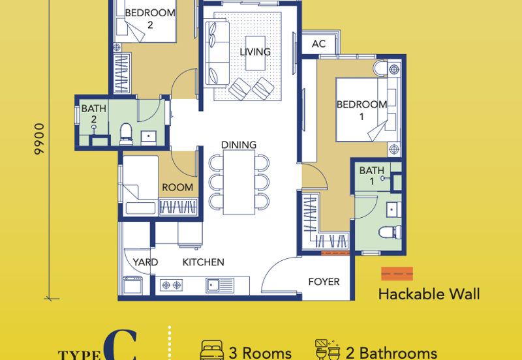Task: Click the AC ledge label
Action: coord(318,44)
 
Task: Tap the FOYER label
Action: coord(324,282)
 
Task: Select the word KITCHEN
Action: coord(203,262)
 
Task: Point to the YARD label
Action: coord(145,262)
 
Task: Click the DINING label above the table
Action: coord(239,145)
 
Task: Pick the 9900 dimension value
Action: coord(39,139)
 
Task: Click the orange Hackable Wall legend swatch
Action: coord(397,274)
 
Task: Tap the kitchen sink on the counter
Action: coord(220,286)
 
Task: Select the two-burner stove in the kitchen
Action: coord(171,285)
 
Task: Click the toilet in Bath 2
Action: coord(126,134)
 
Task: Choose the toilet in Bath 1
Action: coord(390,232)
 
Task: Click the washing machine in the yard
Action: coord(133,285)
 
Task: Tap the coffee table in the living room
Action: coord(255,53)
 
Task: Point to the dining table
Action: coord(239,183)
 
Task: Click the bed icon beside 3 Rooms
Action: coord(212,350)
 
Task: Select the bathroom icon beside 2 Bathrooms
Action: coord(328,350)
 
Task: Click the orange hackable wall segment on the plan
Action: coord(335,253)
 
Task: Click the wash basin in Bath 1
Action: coord(394,210)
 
